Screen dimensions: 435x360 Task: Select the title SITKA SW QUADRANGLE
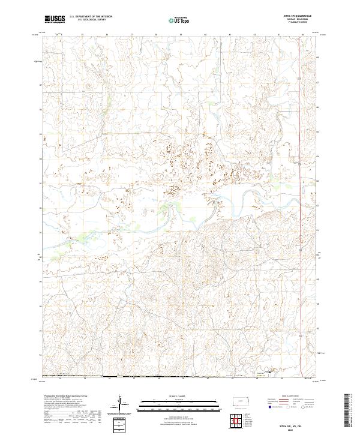point(290,16)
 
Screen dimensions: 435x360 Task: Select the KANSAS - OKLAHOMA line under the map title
point(290,20)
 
